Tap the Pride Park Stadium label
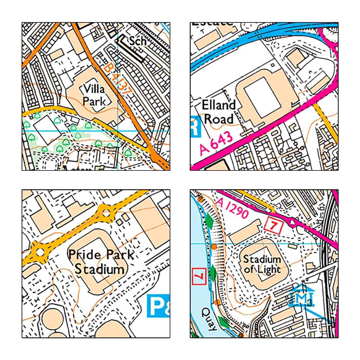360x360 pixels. [x=100, y=262]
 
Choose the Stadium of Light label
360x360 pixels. [x=262, y=264]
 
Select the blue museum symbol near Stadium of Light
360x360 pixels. [x=301, y=295]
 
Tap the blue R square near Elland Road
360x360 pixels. [x=194, y=127]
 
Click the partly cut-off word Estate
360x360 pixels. [x=211, y=24]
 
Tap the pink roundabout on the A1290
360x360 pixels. [x=293, y=223]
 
